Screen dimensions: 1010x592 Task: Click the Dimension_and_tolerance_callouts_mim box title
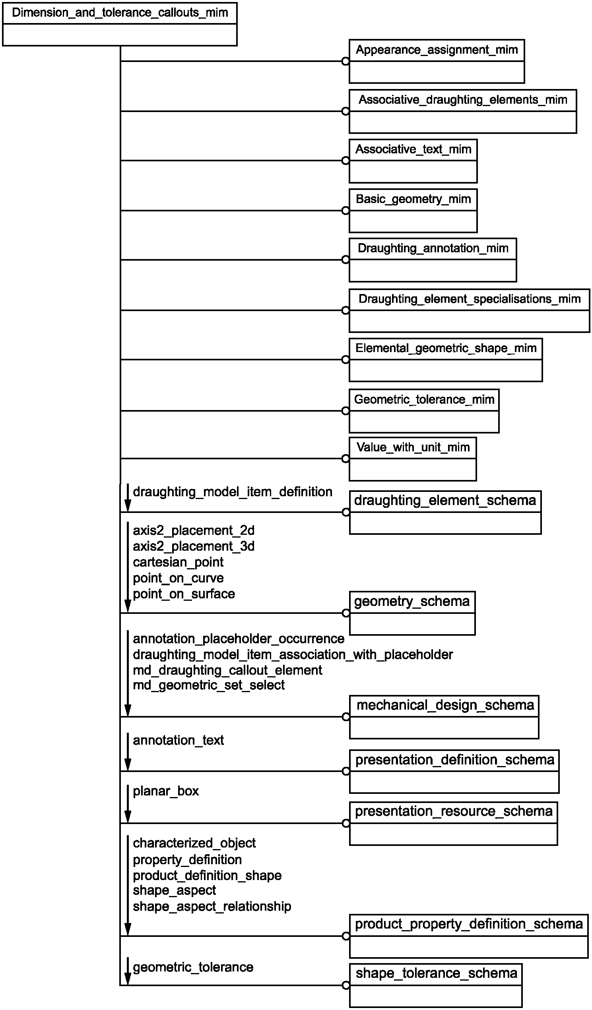tap(120, 13)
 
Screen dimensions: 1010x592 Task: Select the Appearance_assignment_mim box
tap(437, 61)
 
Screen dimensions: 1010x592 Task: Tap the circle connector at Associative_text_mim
tap(345, 161)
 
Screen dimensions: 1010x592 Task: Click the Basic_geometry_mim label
tap(413, 199)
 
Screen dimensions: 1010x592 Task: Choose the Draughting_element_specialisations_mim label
tap(469, 299)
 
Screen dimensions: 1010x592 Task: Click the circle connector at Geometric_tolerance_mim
tap(345, 411)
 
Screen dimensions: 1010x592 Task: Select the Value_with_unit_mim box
tap(413, 459)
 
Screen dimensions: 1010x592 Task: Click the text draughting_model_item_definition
tap(232, 492)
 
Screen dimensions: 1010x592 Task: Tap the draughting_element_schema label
tap(445, 501)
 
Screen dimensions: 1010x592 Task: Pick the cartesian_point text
tap(178, 562)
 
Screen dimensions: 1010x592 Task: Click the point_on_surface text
tap(184, 594)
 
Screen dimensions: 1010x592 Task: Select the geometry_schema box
tap(412, 613)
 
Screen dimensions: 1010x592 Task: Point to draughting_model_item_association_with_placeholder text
tap(293, 654)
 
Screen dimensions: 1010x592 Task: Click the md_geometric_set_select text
tap(209, 685)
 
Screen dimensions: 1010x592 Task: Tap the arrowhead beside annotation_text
tap(128, 764)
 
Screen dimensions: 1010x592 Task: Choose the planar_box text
tap(166, 791)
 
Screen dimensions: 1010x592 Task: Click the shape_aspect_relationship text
tap(212, 907)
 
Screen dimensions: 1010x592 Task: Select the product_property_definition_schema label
tap(468, 924)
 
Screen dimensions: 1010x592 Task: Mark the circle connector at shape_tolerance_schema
tap(346, 985)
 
